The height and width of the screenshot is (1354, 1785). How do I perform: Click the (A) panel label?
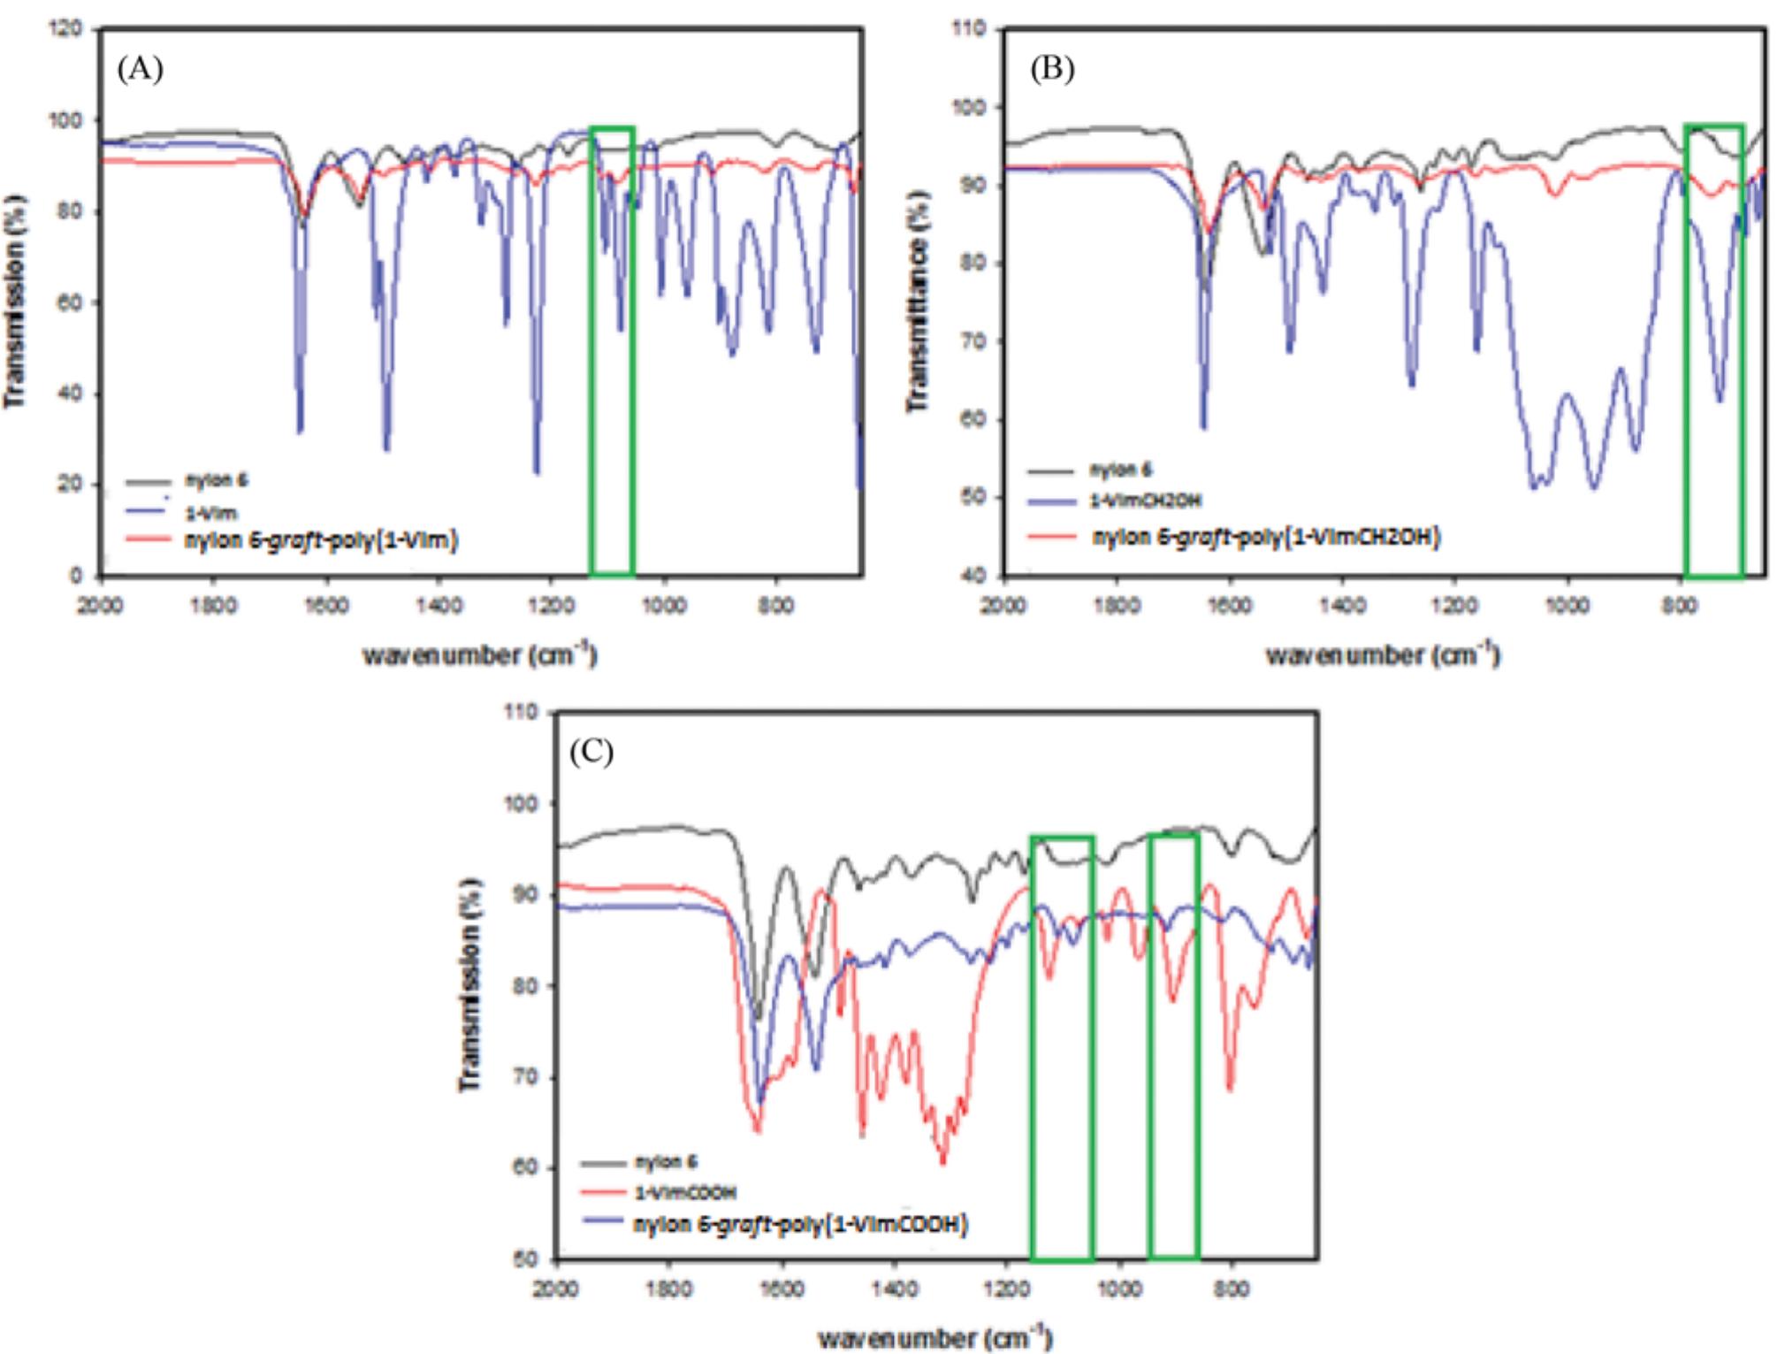click(141, 69)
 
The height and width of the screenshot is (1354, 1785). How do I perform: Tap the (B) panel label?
click(1052, 69)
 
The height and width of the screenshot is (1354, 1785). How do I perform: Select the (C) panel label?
click(591, 752)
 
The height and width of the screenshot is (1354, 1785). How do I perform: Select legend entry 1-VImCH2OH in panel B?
click(1147, 501)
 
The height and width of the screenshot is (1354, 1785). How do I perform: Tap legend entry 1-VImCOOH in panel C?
click(686, 1192)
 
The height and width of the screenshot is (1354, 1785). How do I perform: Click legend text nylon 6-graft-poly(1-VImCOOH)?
click(801, 1224)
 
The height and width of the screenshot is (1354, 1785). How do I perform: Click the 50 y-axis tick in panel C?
click(526, 1258)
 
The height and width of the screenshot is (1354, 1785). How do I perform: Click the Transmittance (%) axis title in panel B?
click(919, 301)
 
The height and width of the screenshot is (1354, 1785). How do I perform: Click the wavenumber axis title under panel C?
click(935, 1337)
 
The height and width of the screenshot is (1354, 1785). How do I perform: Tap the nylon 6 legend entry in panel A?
click(216, 481)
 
